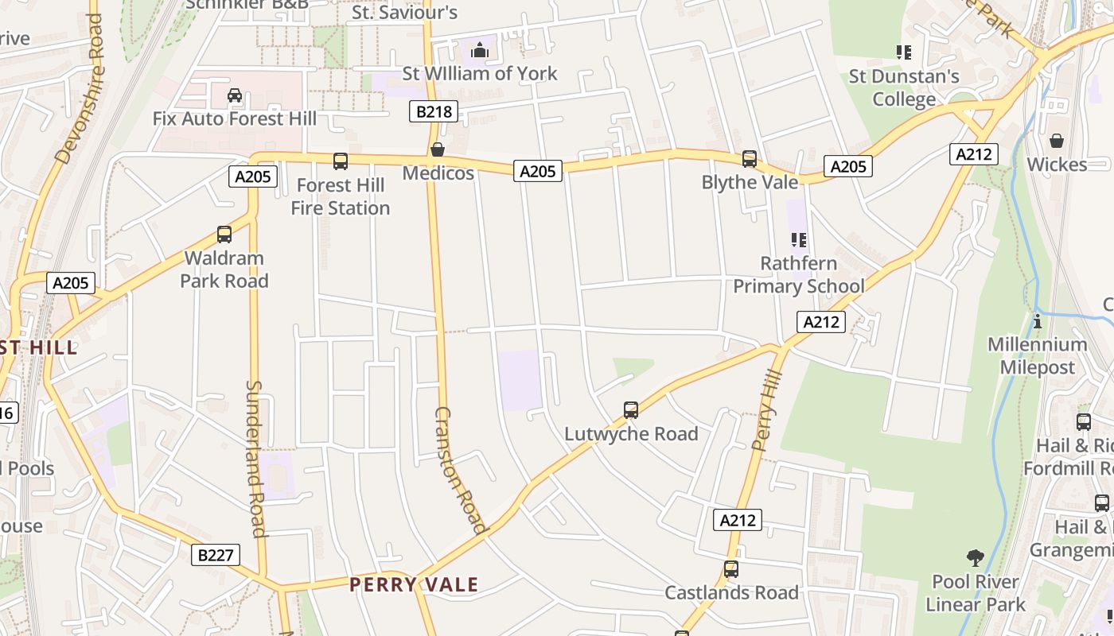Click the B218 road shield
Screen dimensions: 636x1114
(434, 111)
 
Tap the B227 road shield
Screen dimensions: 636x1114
(216, 554)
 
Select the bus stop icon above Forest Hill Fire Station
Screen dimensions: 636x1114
(341, 161)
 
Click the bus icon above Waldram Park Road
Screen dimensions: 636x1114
(224, 235)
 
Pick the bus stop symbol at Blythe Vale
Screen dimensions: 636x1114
(750, 159)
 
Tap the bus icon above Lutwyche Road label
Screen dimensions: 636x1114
(631, 410)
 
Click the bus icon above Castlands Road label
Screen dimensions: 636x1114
(731, 569)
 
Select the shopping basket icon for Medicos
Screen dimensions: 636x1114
(438, 149)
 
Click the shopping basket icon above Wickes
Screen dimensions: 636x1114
(1057, 141)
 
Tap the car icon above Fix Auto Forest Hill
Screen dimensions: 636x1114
(235, 95)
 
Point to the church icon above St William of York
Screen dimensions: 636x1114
(479, 51)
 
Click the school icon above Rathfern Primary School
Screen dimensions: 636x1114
(799, 239)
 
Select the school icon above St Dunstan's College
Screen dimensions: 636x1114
(904, 52)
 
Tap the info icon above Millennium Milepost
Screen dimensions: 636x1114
(1038, 321)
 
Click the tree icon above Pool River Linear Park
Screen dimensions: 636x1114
(976, 558)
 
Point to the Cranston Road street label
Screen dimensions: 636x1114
(460, 470)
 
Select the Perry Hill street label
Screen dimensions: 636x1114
(767, 410)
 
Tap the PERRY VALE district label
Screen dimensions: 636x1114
(414, 585)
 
